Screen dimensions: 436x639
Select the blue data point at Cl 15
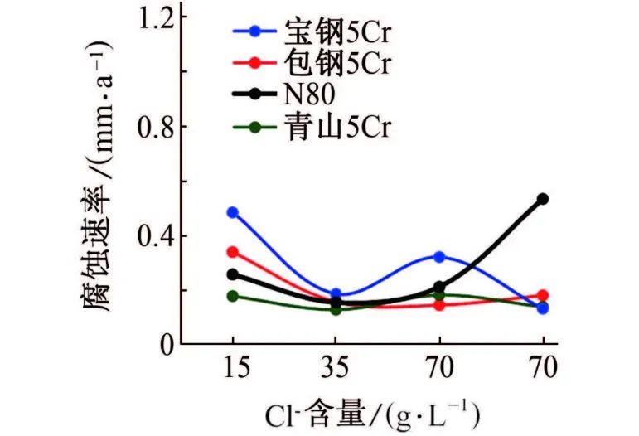(232, 212)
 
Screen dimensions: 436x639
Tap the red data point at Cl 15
(232, 252)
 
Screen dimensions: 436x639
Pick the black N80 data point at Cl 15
(232, 274)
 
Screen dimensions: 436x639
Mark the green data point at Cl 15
(232, 296)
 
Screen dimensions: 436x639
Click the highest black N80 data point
(543, 199)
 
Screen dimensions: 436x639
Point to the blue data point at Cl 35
(336, 294)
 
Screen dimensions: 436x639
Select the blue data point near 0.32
(439, 257)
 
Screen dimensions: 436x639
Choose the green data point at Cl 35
(336, 309)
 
